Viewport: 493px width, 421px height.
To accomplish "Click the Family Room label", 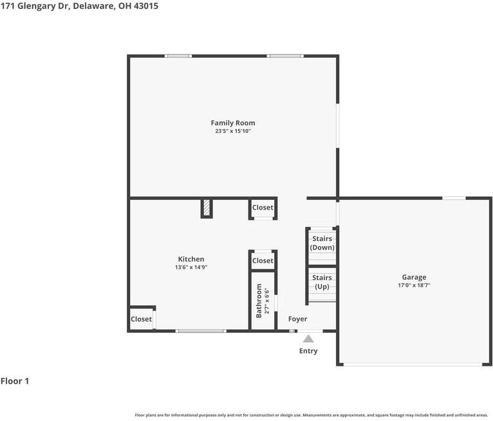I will click(233, 123).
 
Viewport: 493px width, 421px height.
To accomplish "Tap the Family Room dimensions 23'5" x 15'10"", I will click(233, 131).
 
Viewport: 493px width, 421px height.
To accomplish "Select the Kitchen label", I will click(191, 259).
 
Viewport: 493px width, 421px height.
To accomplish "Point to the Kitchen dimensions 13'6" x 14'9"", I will click(191, 267).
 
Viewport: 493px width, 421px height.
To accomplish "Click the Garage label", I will click(414, 277).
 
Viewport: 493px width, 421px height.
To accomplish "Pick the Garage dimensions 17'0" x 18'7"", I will click(414, 285).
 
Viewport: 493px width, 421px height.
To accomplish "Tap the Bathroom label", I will click(259, 300).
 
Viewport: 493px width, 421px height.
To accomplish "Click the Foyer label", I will click(297, 319).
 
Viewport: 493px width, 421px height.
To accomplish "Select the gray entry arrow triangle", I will click(308, 339).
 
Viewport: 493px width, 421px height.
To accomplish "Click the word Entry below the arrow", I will click(308, 351).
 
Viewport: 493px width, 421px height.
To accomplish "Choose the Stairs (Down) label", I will click(322, 243).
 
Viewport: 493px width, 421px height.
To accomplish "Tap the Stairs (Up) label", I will click(322, 282).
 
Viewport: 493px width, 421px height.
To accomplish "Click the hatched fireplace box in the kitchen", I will click(207, 208).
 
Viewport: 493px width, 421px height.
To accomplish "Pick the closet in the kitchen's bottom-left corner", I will click(141, 319).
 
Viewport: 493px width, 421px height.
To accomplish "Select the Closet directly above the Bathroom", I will click(263, 260).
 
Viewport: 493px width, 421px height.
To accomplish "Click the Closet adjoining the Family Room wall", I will click(263, 208).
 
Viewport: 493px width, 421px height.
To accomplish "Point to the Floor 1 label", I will click(15, 381).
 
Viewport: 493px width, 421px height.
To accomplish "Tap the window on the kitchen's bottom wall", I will click(201, 331).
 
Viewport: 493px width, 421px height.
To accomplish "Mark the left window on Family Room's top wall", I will click(178, 56).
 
